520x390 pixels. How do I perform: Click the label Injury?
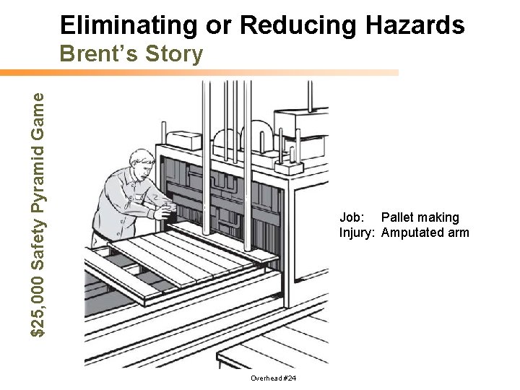(357, 233)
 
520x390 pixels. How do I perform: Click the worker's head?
(140, 162)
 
